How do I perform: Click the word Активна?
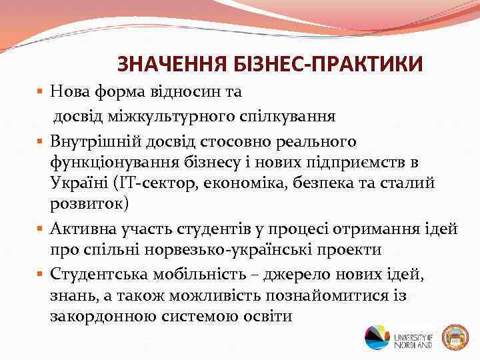tap(86, 229)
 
